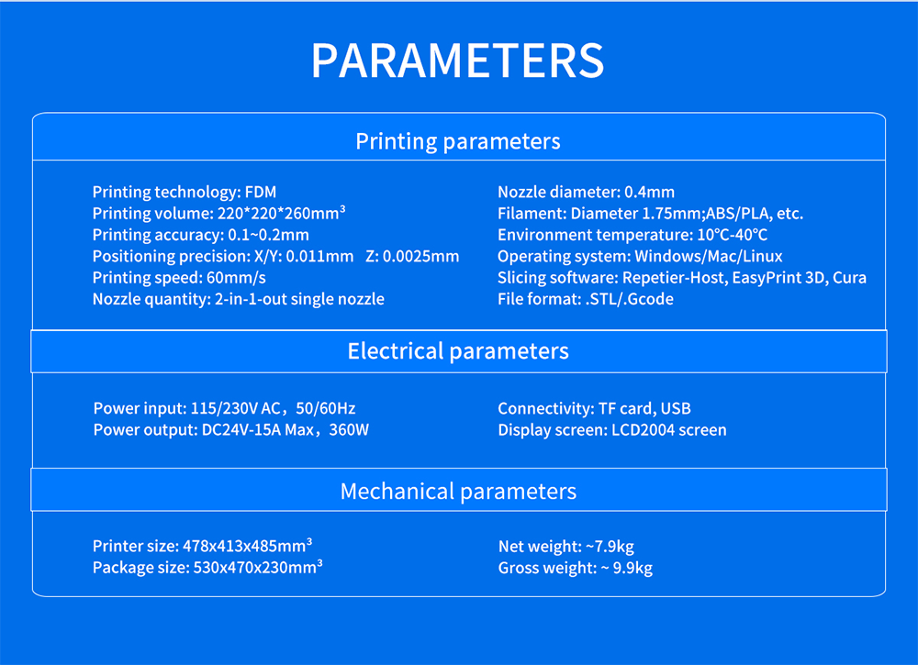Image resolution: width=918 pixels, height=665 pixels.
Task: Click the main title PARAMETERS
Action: pyautogui.click(x=457, y=61)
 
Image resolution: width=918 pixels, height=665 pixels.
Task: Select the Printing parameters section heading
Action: pyautogui.click(x=458, y=141)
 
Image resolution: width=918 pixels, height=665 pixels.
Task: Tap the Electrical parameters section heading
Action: pyautogui.click(x=458, y=351)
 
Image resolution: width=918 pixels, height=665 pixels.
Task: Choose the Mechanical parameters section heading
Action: pyautogui.click(x=458, y=492)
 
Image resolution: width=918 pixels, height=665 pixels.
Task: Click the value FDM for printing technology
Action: pyautogui.click(x=261, y=192)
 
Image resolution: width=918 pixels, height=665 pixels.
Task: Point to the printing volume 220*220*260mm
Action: pyautogui.click(x=281, y=213)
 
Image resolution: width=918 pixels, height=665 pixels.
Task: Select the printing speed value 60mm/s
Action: pyautogui.click(x=236, y=278)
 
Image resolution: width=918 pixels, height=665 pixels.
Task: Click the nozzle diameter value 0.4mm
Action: pyautogui.click(x=649, y=192)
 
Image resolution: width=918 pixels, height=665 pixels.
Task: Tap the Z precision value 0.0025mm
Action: pyautogui.click(x=420, y=256)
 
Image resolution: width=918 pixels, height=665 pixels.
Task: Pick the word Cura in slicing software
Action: pyautogui.click(x=849, y=277)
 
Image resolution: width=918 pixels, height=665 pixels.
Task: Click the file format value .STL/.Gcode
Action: pyautogui.click(x=629, y=299)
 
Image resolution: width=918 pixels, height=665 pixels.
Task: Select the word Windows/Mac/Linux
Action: pyautogui.click(x=709, y=256)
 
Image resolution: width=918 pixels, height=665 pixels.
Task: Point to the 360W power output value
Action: pyautogui.click(x=349, y=430)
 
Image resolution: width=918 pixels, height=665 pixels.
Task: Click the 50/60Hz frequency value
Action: pyautogui.click(x=326, y=408)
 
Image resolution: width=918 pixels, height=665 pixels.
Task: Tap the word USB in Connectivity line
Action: pyautogui.click(x=675, y=408)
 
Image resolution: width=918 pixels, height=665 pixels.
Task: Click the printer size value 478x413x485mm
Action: pyautogui.click(x=247, y=545)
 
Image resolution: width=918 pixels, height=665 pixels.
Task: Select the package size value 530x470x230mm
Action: pyautogui.click(x=258, y=567)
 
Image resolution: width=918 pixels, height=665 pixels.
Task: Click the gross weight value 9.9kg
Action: pyautogui.click(x=633, y=568)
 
